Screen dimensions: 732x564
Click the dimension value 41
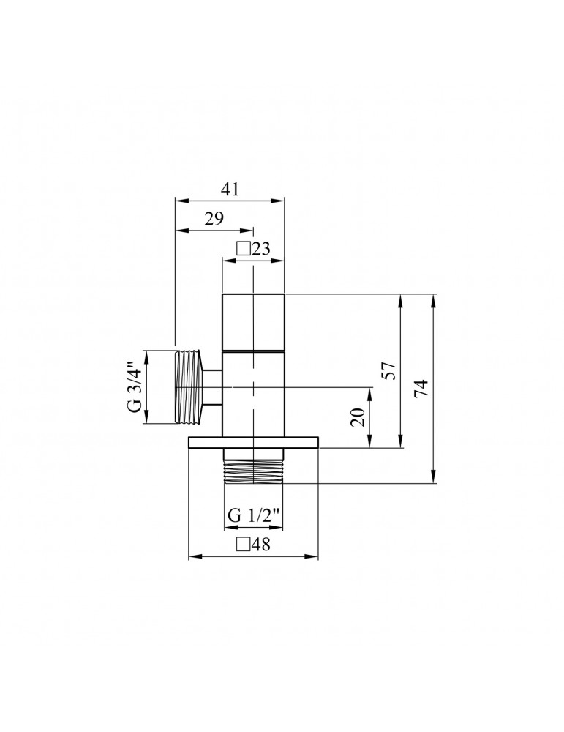(x=230, y=189)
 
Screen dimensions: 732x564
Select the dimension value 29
(x=214, y=218)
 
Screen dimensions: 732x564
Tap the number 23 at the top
(x=261, y=249)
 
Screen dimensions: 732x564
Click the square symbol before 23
(x=244, y=249)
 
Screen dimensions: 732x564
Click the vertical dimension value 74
(x=421, y=388)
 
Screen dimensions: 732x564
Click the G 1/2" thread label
(x=254, y=515)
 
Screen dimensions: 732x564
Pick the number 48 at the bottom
(x=262, y=544)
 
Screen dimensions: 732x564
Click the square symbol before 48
(x=244, y=544)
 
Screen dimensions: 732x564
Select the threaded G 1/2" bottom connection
(x=253, y=471)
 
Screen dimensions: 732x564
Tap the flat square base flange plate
(x=253, y=442)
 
